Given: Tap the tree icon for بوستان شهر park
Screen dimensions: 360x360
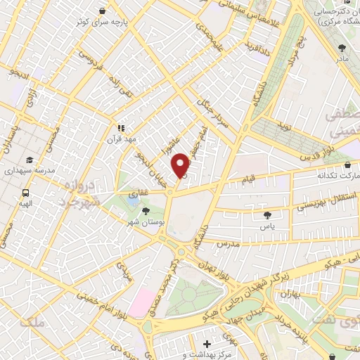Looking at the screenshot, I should click(146, 210).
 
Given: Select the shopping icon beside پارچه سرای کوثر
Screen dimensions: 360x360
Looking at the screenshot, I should click(103, 11).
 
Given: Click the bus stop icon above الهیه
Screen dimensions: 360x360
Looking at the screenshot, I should click(26, 193).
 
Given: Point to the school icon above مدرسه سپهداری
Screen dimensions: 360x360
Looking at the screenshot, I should click(30, 160).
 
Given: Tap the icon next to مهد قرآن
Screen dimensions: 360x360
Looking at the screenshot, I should click(121, 129).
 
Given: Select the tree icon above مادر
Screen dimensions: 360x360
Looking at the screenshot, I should click(342, 49).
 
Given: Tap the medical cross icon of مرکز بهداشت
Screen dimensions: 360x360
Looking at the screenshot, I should click(206, 345).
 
